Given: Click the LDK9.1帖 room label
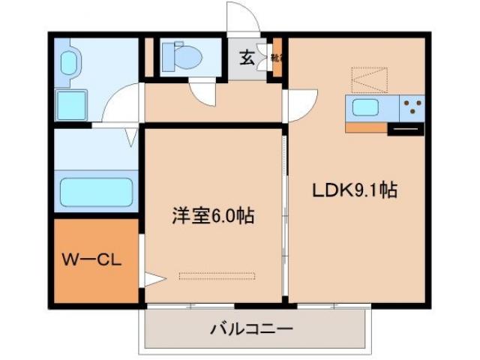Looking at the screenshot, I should tap(354, 190).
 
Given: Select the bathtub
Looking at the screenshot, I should tap(96, 192).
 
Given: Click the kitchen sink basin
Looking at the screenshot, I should tap(365, 107).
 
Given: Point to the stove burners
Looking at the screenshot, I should tap(412, 107).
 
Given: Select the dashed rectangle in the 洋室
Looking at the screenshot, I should tap(217, 275).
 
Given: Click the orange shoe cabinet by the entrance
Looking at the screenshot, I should tap(277, 57).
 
